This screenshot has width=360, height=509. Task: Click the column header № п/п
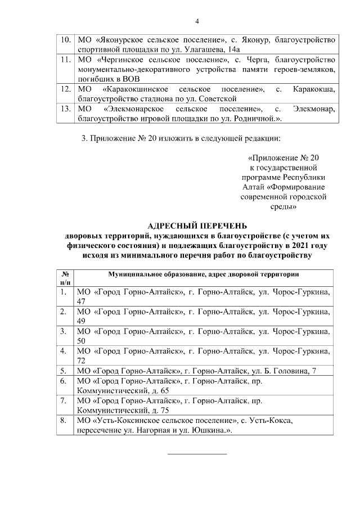(65, 278)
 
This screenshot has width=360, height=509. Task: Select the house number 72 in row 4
(80, 360)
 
